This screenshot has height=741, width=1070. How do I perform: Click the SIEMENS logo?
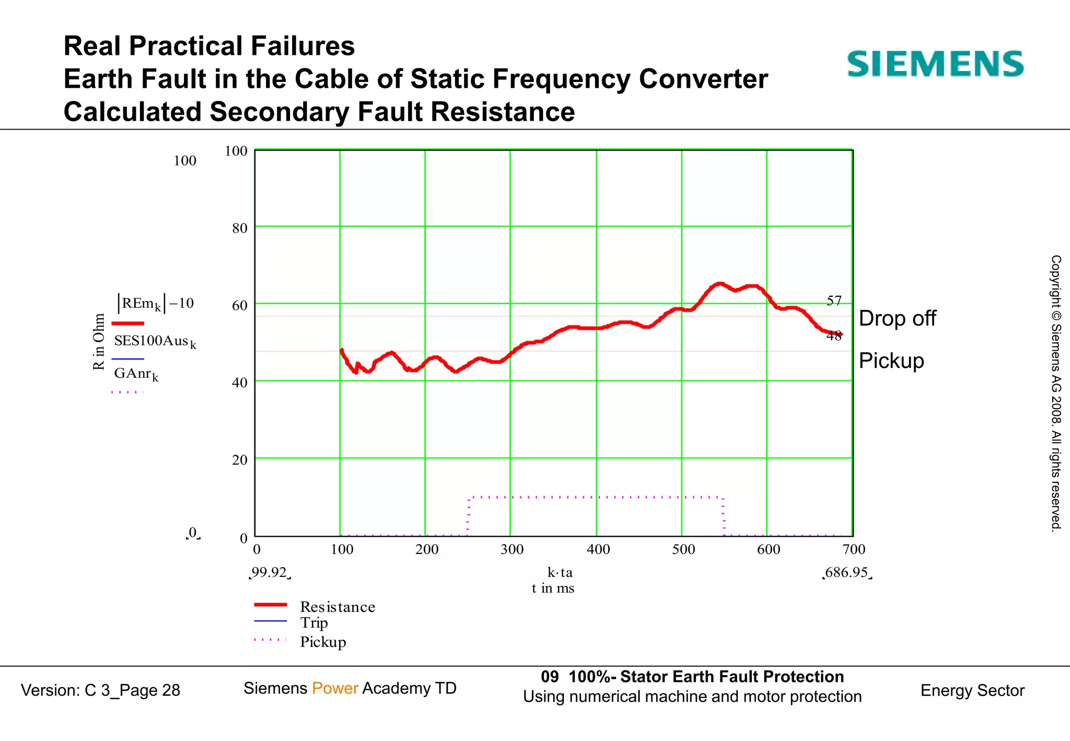click(x=935, y=64)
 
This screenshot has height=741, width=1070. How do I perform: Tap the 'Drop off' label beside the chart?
click(x=897, y=318)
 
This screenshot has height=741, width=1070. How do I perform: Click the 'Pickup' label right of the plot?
click(x=891, y=361)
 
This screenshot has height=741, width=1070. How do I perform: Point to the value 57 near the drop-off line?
click(x=834, y=301)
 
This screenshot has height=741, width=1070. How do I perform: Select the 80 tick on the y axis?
click(x=239, y=228)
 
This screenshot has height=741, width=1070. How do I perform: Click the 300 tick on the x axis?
click(x=511, y=549)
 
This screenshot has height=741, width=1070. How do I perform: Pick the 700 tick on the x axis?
click(x=854, y=549)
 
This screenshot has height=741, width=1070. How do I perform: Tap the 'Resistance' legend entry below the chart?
click(x=337, y=607)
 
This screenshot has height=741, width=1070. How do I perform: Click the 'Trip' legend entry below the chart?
click(x=313, y=622)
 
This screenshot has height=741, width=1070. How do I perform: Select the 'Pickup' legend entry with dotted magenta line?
click(x=322, y=642)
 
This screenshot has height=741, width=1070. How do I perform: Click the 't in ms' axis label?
click(x=553, y=588)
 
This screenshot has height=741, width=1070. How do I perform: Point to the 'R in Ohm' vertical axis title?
click(x=99, y=342)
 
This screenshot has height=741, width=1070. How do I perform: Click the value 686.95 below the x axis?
click(x=846, y=573)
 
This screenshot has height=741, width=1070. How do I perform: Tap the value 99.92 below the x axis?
click(x=269, y=573)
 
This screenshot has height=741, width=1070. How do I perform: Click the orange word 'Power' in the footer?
click(x=335, y=688)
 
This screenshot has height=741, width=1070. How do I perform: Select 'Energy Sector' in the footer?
click(x=972, y=690)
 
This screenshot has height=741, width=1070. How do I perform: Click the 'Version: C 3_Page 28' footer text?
click(x=100, y=690)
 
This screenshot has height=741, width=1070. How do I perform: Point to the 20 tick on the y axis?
click(x=239, y=460)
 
